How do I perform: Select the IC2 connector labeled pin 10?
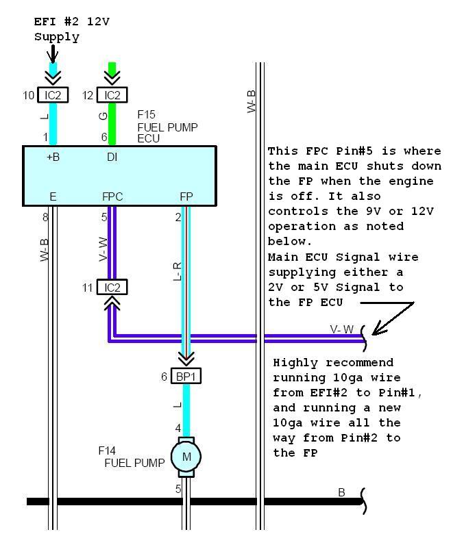point(53,95)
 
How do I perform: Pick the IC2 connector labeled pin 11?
point(112,288)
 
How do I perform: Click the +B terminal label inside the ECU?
point(52,157)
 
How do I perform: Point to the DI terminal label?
point(112,157)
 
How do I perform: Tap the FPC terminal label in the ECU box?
point(112,196)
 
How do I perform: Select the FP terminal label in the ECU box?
point(186,196)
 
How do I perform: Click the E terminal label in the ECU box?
point(53,196)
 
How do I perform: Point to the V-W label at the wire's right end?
point(342,329)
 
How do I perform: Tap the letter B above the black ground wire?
point(341,492)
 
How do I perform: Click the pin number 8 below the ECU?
point(46,218)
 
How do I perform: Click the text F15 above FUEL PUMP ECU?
point(147,114)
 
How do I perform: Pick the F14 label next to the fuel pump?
point(108,451)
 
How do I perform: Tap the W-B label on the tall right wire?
point(252,101)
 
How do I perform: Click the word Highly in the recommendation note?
point(291,362)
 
